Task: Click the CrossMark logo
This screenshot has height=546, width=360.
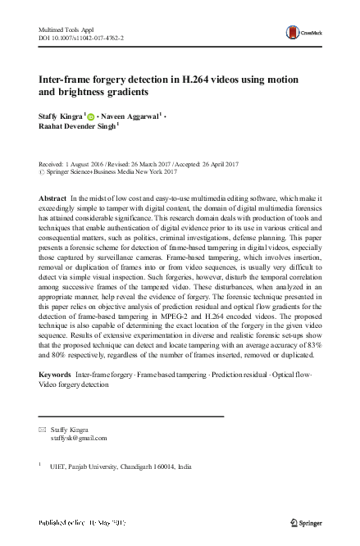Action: pyautogui.click(x=298, y=34)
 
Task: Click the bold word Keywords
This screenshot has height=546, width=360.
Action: pyautogui.click(x=55, y=374)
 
